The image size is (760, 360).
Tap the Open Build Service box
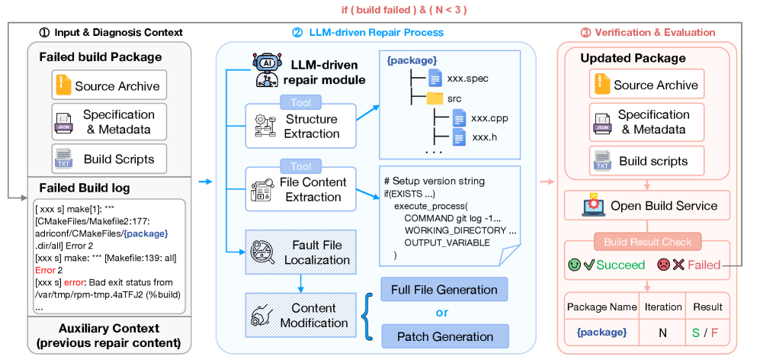click(648, 206)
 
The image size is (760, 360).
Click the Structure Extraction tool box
click(301, 125)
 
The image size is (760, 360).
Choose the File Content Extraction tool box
click(301, 188)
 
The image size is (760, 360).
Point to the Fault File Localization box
click(301, 252)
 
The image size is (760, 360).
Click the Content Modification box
click(301, 315)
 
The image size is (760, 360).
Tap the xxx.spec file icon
click(435, 77)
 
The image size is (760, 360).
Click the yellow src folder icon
click(435, 98)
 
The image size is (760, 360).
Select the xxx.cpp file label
click(489, 118)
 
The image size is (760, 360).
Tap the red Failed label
click(704, 265)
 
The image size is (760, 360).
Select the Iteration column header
click(663, 307)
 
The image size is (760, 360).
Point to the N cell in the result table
click(663, 333)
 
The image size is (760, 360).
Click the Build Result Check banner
click(646, 242)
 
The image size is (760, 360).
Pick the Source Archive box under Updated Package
click(646, 85)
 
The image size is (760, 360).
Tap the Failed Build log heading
click(84, 188)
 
